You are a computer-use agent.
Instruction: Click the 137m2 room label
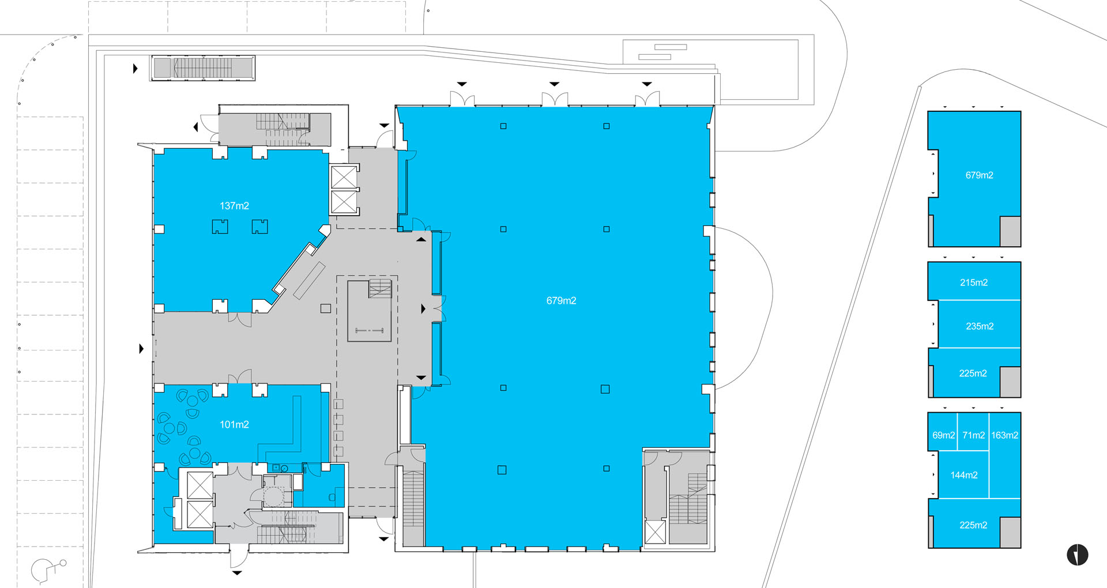(234, 206)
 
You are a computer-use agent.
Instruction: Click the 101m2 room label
(234, 424)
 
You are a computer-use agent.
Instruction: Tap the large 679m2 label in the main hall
(561, 300)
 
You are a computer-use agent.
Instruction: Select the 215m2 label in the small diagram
(974, 282)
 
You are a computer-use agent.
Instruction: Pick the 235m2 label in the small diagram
(980, 326)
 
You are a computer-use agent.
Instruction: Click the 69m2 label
(943, 435)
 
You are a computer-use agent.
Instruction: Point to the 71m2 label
(973, 435)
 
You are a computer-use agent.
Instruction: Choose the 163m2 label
(1004, 435)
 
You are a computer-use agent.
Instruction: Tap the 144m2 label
(963, 475)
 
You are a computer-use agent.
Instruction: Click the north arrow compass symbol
(1077, 555)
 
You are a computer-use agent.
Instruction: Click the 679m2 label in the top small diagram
(979, 175)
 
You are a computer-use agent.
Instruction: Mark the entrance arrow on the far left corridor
(141, 349)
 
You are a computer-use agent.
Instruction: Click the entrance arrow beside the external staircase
(135, 69)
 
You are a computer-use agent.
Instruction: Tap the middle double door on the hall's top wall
(554, 99)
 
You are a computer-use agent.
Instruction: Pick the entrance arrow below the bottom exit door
(237, 573)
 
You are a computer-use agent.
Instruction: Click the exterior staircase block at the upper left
(202, 68)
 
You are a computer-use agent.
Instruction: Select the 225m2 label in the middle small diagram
(973, 374)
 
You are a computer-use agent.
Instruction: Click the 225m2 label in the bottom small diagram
(973, 525)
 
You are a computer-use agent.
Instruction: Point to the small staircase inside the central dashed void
(380, 288)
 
